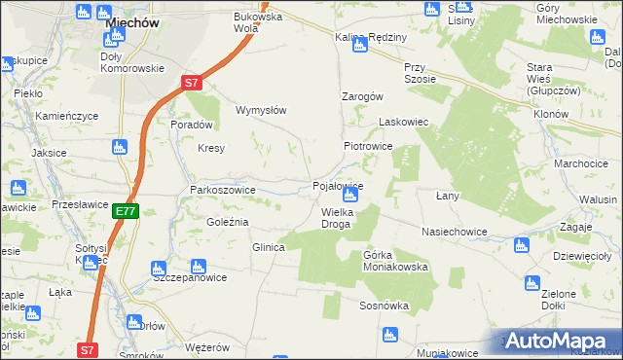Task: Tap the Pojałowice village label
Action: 338,185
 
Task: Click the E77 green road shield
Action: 125,210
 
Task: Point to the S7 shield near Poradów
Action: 192,83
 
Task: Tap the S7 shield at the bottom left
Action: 88,349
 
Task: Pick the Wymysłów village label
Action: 261,110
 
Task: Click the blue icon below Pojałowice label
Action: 350,197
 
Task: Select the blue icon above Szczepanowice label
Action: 199,264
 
